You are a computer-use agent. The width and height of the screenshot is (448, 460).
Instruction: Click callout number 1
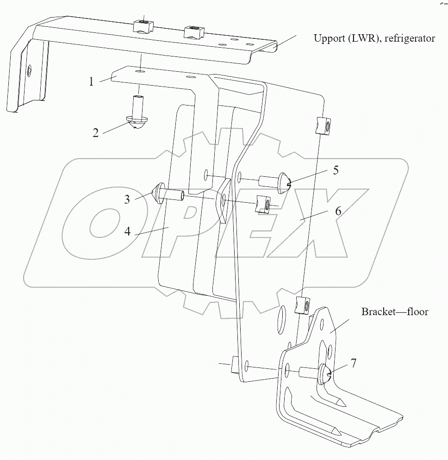tap(92, 81)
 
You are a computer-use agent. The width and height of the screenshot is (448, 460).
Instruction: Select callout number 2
tap(95, 133)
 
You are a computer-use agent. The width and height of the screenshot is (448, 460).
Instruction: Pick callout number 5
tap(336, 170)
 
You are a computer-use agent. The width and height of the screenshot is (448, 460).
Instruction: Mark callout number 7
tap(353, 363)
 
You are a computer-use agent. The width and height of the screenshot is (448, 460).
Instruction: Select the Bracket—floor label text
tap(394, 311)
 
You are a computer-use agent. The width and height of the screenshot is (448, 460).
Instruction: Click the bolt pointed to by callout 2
tap(137, 116)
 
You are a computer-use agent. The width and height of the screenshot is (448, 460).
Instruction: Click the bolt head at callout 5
tap(283, 181)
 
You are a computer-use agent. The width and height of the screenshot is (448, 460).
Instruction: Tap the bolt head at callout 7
tap(324, 373)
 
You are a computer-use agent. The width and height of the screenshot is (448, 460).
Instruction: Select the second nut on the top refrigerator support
tap(194, 32)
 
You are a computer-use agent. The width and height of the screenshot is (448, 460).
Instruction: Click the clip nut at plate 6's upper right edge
tap(322, 125)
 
